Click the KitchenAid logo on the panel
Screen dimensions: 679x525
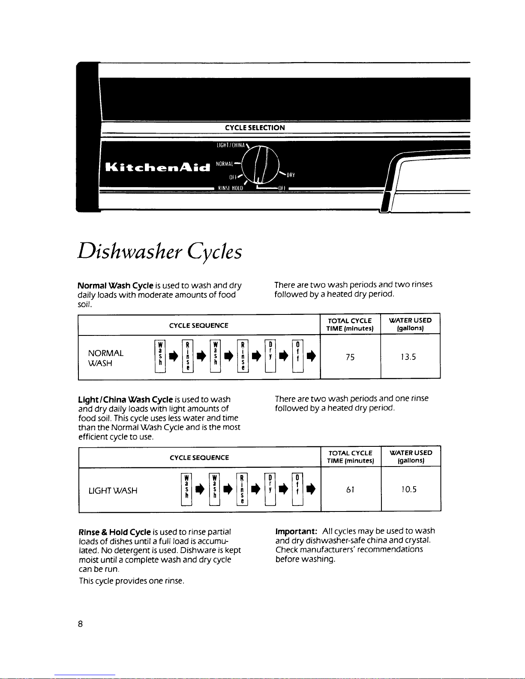(158, 166)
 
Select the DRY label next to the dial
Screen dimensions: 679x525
(291, 175)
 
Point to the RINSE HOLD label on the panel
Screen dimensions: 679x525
(231, 188)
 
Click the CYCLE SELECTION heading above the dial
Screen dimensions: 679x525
(255, 128)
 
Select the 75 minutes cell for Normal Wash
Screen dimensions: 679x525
(350, 357)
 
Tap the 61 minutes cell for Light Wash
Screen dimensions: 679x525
(350, 490)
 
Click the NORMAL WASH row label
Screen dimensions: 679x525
(105, 358)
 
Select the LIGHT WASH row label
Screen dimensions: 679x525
(113, 491)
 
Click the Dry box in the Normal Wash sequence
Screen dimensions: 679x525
(270, 356)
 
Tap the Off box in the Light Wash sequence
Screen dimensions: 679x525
(297, 489)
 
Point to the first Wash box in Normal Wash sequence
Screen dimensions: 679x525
(160, 356)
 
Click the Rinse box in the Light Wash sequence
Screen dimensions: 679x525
(242, 489)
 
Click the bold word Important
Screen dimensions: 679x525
(296, 531)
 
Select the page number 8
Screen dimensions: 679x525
(80, 624)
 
